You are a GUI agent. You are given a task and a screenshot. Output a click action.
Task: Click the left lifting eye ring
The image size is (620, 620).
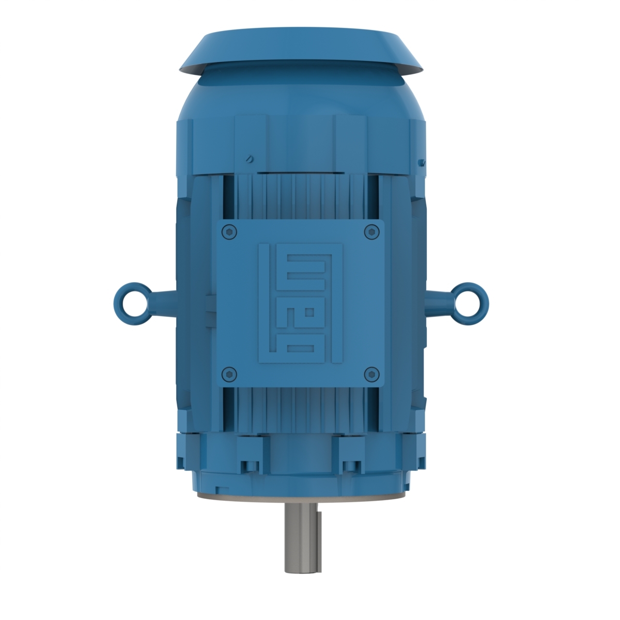129,298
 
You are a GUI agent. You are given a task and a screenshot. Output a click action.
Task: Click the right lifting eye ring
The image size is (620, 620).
469,298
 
